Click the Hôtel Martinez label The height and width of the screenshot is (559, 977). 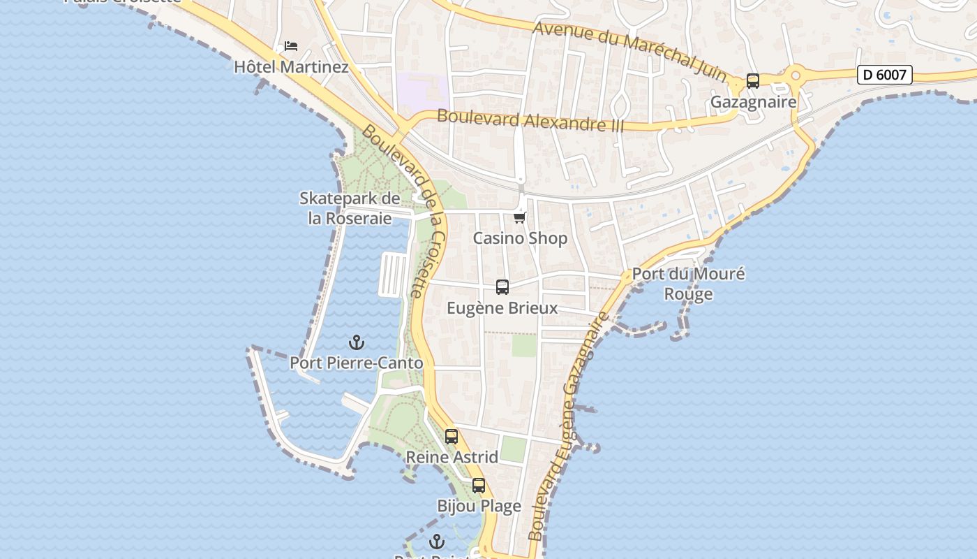click(x=291, y=67)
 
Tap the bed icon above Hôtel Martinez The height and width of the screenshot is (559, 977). click(x=291, y=46)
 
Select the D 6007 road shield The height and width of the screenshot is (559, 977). click(x=884, y=75)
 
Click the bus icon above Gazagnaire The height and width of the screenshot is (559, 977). click(x=752, y=81)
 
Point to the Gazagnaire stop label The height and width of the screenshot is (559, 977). click(x=753, y=102)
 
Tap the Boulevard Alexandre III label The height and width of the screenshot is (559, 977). click(x=530, y=121)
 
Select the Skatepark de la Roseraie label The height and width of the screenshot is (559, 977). click(x=350, y=208)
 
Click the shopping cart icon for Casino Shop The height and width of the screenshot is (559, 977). click(x=520, y=217)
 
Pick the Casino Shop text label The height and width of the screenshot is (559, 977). click(x=520, y=238)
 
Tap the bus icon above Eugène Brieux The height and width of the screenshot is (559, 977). click(x=502, y=286)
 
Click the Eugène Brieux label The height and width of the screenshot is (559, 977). click(x=502, y=308)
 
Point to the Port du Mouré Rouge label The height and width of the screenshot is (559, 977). click(x=688, y=284)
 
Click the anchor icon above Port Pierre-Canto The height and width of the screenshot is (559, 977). click(x=357, y=342)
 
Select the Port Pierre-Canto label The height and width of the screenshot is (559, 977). click(x=357, y=363)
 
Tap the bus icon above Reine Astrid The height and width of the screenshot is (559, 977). click(x=452, y=437)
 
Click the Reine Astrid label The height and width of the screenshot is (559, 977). click(x=452, y=458)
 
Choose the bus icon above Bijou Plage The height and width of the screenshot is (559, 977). click(x=479, y=485)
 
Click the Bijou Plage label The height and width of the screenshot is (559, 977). click(x=479, y=506)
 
